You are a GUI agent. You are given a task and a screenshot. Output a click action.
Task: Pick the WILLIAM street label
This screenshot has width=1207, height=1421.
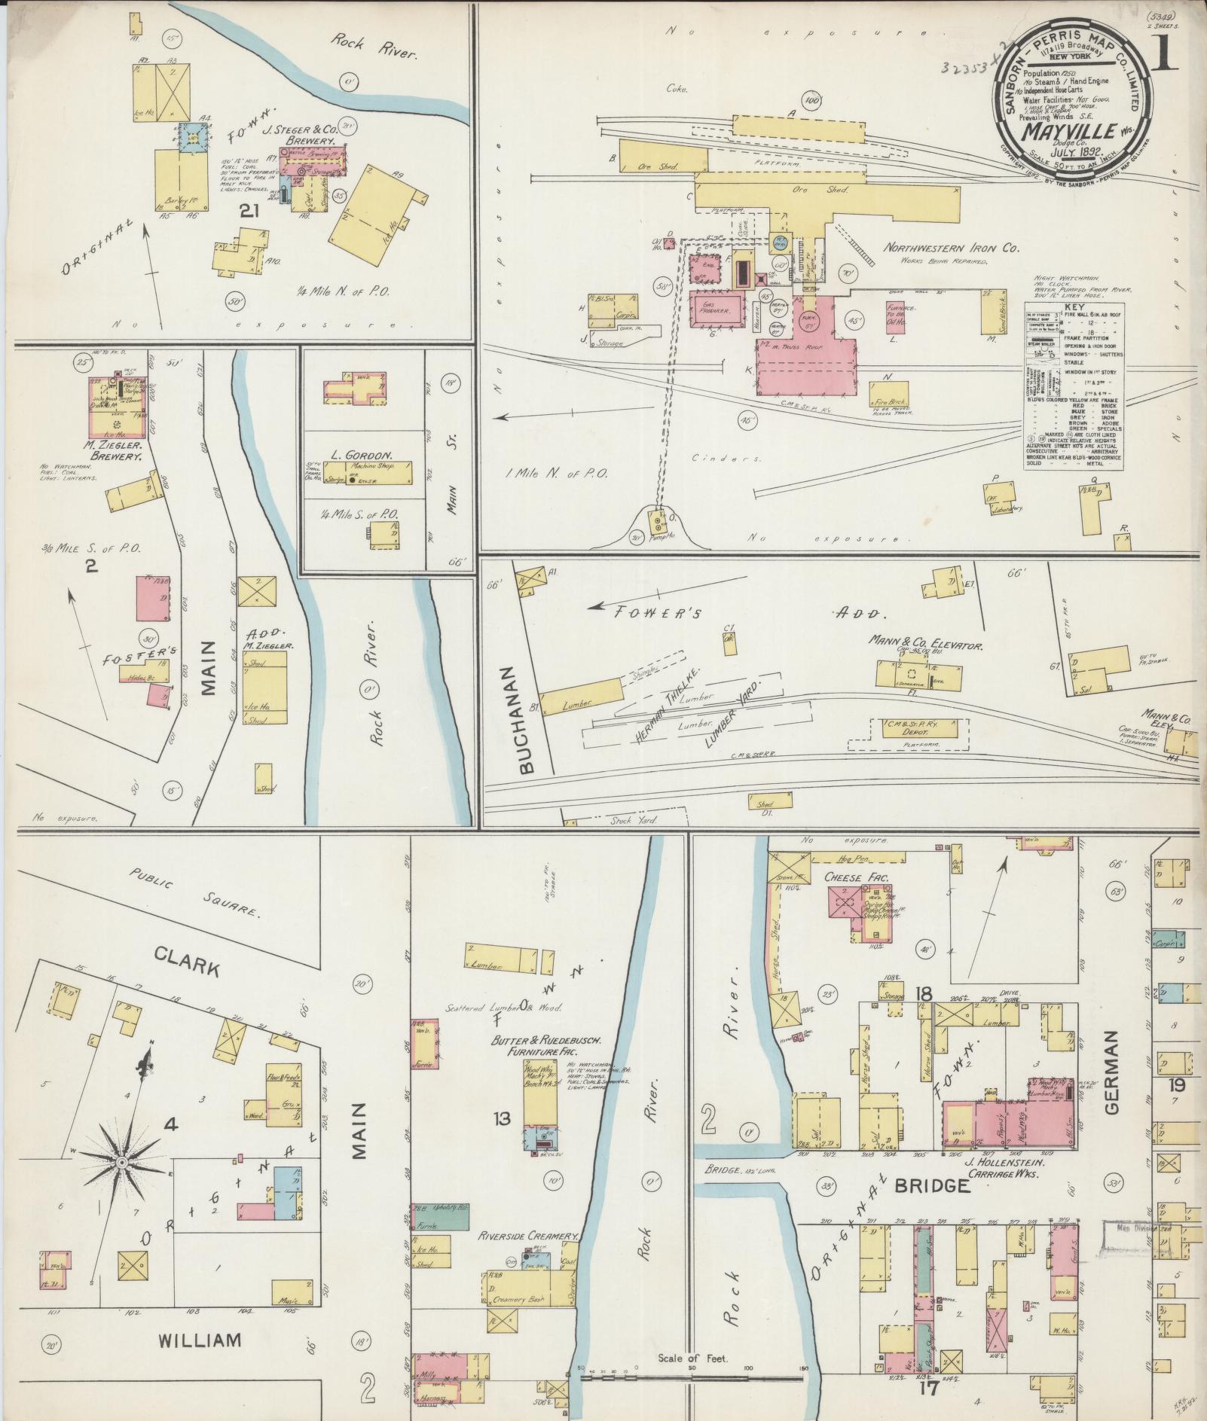tap(200, 1340)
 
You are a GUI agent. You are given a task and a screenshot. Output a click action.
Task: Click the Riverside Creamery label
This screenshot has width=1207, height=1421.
tap(529, 1237)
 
